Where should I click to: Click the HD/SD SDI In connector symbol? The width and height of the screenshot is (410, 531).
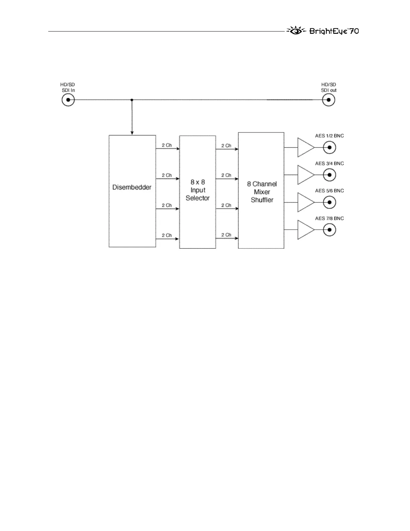click(x=68, y=100)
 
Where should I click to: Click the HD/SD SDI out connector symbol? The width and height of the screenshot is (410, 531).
click(x=329, y=100)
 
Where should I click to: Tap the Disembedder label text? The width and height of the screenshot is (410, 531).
click(x=132, y=187)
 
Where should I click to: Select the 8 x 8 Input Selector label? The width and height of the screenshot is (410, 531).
click(x=198, y=190)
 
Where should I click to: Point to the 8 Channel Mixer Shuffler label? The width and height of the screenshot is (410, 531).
click(x=262, y=192)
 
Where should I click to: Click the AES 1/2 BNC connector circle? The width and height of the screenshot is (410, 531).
click(x=330, y=147)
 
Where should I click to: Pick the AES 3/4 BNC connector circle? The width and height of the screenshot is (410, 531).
click(x=330, y=175)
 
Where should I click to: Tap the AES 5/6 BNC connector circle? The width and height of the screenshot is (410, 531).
click(x=330, y=202)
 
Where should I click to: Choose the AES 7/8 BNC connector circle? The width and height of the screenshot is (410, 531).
click(x=330, y=230)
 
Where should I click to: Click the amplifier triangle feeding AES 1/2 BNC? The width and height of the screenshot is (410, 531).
click(x=305, y=147)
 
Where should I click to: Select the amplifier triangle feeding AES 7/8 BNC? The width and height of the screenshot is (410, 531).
click(x=305, y=230)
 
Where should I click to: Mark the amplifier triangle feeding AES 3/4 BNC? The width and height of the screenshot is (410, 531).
click(x=305, y=175)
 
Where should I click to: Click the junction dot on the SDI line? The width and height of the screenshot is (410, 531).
click(x=132, y=100)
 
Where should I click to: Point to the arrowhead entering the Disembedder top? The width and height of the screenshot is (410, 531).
click(x=132, y=133)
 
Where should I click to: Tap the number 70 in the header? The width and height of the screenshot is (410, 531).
click(x=354, y=31)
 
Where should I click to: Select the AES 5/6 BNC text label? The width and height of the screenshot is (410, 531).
click(x=329, y=191)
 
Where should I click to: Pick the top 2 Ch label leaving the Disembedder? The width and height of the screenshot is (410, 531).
click(x=166, y=145)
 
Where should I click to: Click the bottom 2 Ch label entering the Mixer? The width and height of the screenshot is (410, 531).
click(x=226, y=235)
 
